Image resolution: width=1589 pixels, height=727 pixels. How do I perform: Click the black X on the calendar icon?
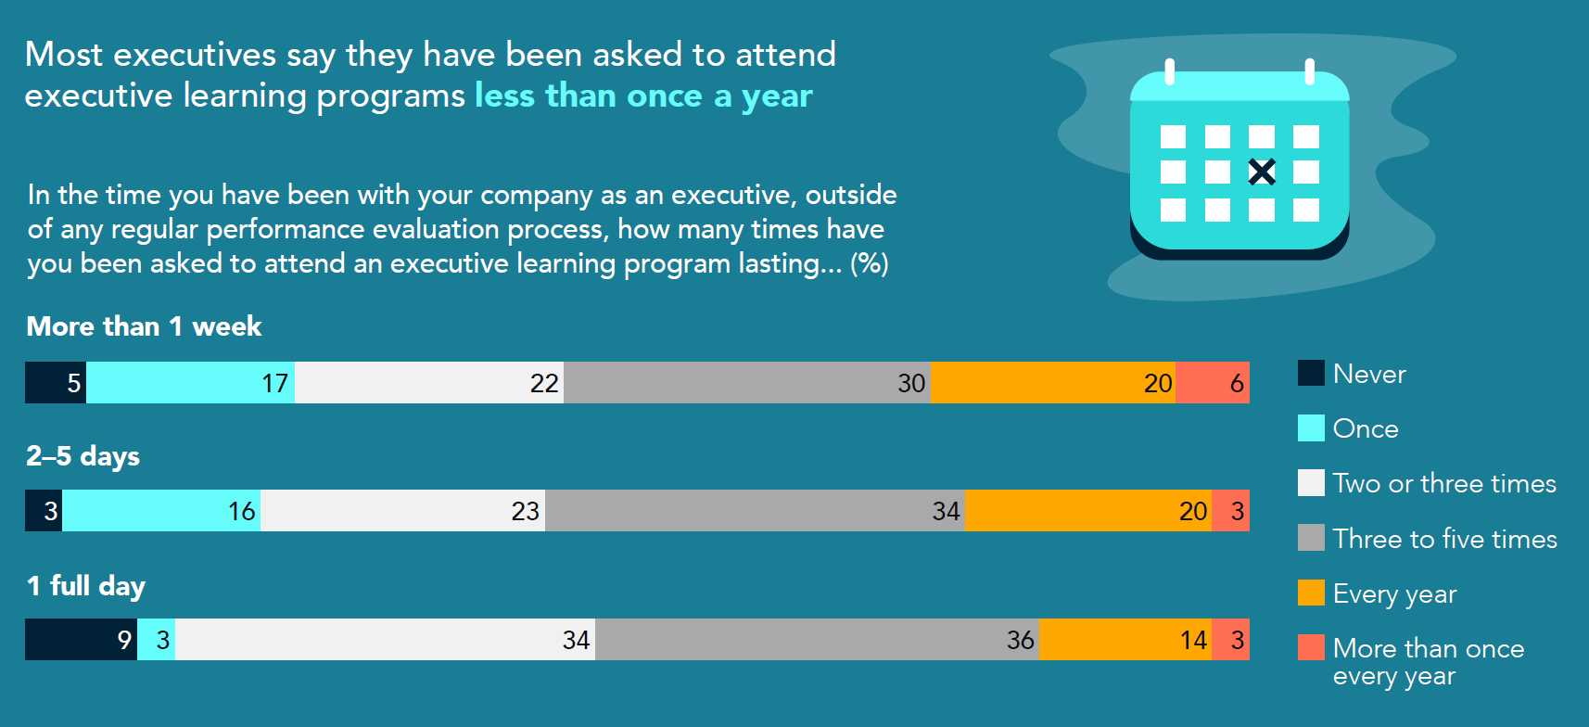(x=1261, y=172)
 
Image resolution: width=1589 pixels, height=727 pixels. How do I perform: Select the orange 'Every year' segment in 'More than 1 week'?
(x=1052, y=382)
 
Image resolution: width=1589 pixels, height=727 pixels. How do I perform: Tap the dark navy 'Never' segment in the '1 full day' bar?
(x=81, y=639)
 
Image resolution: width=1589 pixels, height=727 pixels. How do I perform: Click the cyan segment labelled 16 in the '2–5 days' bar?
(x=161, y=510)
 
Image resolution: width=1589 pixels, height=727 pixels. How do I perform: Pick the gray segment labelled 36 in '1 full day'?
(x=817, y=639)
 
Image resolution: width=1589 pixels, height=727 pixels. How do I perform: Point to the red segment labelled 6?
(x=1212, y=382)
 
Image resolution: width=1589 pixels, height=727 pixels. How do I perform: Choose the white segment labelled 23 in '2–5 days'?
(x=402, y=510)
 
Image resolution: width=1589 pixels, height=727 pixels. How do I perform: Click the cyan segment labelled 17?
(x=190, y=382)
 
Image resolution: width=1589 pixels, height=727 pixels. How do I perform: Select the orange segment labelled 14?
(x=1125, y=639)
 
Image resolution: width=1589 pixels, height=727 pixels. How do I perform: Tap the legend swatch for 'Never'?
(x=1311, y=373)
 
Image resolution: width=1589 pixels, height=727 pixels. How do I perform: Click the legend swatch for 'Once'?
(x=1311, y=427)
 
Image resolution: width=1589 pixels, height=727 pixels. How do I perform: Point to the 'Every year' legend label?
(x=1394, y=593)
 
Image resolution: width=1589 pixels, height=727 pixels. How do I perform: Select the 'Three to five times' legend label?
(x=1444, y=539)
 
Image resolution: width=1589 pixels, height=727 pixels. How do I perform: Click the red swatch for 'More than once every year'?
(x=1311, y=647)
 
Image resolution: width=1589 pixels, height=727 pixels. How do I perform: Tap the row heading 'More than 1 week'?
(x=144, y=326)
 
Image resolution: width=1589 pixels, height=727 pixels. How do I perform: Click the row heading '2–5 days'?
(x=83, y=456)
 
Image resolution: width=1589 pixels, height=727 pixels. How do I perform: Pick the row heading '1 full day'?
(x=85, y=586)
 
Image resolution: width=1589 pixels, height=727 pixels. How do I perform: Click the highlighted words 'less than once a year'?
(x=643, y=96)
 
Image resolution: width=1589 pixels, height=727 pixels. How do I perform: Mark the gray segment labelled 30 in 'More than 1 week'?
(x=746, y=382)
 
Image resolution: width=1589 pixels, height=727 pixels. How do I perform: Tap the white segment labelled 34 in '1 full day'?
(x=385, y=639)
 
